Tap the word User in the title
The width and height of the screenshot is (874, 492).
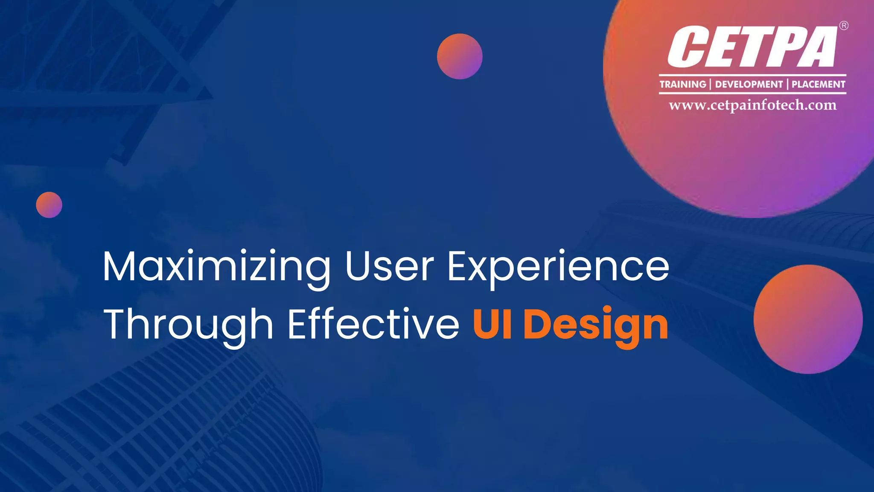[x=389, y=266]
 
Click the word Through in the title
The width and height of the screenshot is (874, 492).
[x=188, y=325]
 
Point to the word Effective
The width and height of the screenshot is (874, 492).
[x=373, y=324]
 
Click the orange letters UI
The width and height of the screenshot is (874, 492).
[x=492, y=324]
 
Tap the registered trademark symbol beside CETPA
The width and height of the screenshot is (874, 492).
[x=844, y=26]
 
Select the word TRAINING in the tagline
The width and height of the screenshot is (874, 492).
[x=683, y=84]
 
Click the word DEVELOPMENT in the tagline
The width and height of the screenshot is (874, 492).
[x=749, y=84]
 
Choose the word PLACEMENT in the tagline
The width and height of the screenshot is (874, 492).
[x=819, y=84]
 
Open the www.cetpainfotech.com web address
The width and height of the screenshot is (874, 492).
[x=752, y=105]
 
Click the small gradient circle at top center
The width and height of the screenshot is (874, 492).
[x=460, y=56]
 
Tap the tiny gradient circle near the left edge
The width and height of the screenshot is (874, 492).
[x=49, y=205]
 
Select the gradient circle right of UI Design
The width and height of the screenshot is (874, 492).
[x=808, y=319]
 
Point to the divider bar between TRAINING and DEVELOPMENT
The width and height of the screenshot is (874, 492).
[x=711, y=84]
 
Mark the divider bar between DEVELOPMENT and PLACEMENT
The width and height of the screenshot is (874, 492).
[x=787, y=84]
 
